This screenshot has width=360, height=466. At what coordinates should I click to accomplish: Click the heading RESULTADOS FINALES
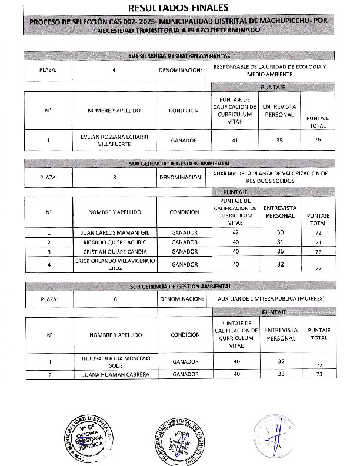[180, 9]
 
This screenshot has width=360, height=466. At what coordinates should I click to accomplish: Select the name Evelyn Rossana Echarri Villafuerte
[115, 141]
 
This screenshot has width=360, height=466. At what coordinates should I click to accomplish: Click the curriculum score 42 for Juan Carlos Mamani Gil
[235, 232]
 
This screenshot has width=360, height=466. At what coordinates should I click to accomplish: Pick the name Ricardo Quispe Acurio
[115, 242]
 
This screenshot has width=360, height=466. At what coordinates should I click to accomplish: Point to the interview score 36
[280, 251]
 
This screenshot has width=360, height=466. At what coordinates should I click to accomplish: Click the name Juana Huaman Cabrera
[115, 374]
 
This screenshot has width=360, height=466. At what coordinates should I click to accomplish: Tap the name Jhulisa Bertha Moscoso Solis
[115, 361]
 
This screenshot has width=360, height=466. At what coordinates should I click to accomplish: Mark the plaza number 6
[115, 299]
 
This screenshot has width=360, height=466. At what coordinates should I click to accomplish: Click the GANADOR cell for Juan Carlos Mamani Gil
[184, 232]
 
